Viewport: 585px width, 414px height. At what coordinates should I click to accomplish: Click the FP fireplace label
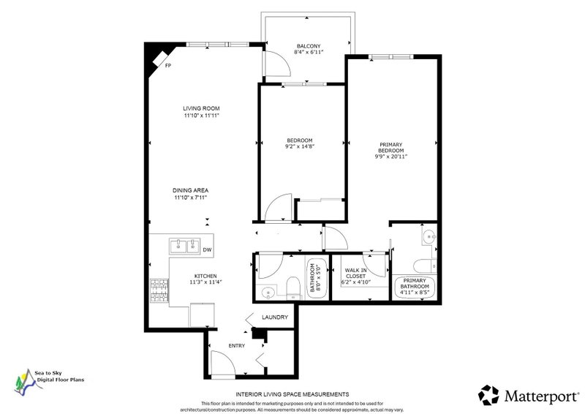pyautogui.click(x=168, y=66)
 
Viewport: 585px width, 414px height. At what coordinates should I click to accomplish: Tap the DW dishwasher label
pyautogui.click(x=208, y=249)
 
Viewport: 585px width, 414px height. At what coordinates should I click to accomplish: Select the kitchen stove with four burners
pyautogui.click(x=159, y=290)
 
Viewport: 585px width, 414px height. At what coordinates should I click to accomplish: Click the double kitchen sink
pyautogui.click(x=185, y=246)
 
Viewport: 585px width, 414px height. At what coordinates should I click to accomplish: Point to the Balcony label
pyautogui.click(x=309, y=46)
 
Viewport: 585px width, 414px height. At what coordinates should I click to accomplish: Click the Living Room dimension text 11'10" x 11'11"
pyautogui.click(x=201, y=116)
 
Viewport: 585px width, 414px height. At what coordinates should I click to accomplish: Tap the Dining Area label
pyautogui.click(x=190, y=190)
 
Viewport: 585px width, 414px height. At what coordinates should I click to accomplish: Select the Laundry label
pyautogui.click(x=275, y=317)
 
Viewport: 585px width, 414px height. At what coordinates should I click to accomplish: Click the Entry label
pyautogui.click(x=236, y=346)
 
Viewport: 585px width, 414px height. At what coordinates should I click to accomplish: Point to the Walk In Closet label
pyautogui.click(x=355, y=274)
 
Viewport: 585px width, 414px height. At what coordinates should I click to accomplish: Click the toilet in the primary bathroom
pyautogui.click(x=425, y=266)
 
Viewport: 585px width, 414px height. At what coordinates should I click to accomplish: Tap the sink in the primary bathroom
pyautogui.click(x=430, y=236)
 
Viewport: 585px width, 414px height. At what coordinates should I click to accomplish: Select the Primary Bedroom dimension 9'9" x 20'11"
pyautogui.click(x=390, y=157)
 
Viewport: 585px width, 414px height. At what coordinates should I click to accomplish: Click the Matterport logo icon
pyautogui.click(x=488, y=395)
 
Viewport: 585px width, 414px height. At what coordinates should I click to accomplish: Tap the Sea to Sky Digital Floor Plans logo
pyautogui.click(x=49, y=382)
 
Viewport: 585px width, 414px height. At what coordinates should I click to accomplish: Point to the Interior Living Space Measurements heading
pyautogui.click(x=292, y=394)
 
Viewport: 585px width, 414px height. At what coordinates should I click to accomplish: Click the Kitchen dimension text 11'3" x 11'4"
pyautogui.click(x=205, y=282)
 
